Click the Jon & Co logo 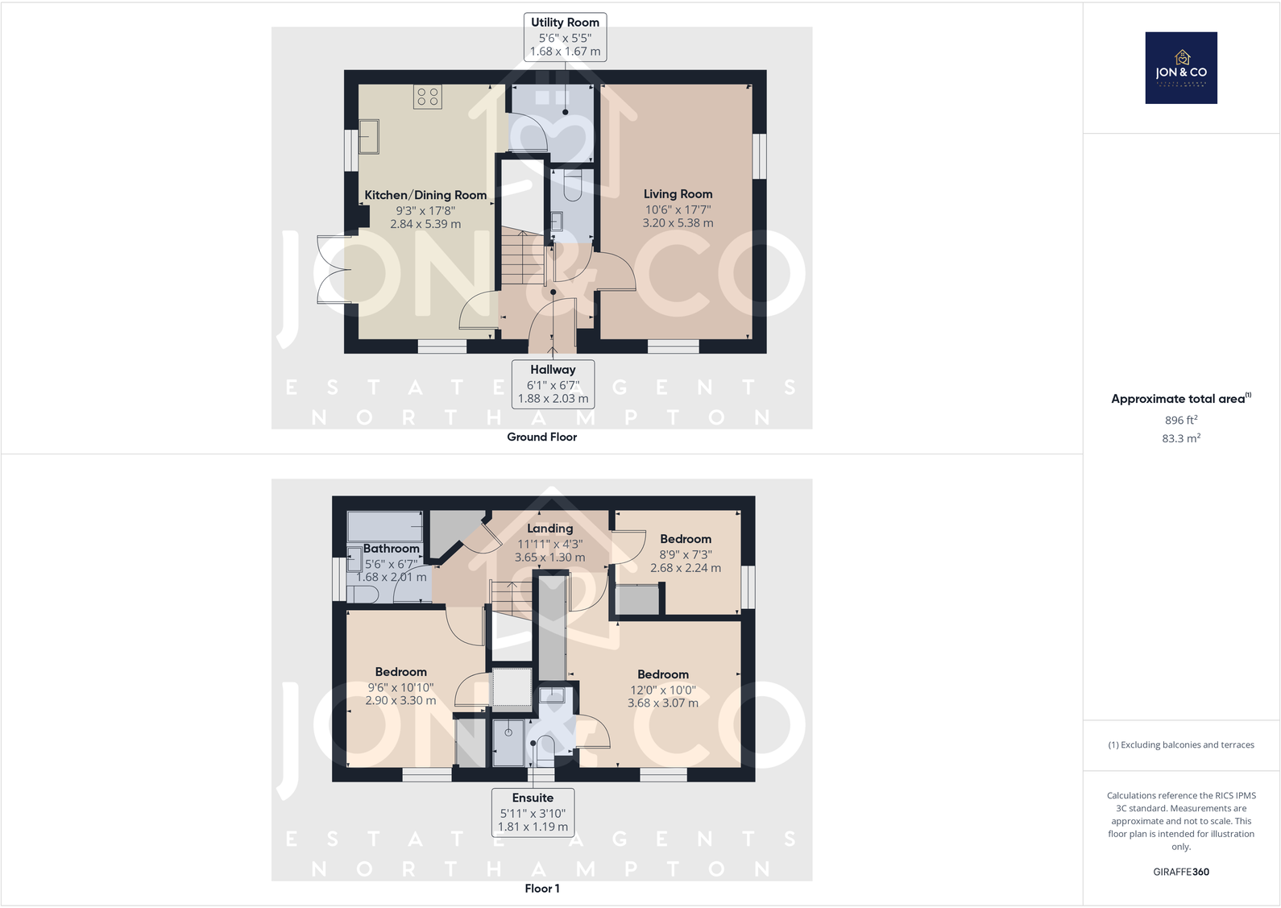pyautogui.click(x=1181, y=68)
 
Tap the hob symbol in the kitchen pyautogui.click(x=428, y=97)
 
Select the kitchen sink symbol pyautogui.click(x=369, y=136)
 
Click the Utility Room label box pyautogui.click(x=565, y=37)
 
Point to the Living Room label pyautogui.click(x=678, y=194)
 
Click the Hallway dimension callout pyautogui.click(x=553, y=384)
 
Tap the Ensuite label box pyautogui.click(x=533, y=811)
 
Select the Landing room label pyautogui.click(x=549, y=529)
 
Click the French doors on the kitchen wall pyautogui.click(x=334, y=269)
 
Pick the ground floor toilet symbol pyautogui.click(x=572, y=186)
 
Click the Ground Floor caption pyautogui.click(x=541, y=437)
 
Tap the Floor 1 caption pyautogui.click(x=541, y=889)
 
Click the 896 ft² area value pyautogui.click(x=1180, y=420)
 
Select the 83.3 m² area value pyautogui.click(x=1180, y=438)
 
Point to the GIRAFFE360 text pyautogui.click(x=1180, y=872)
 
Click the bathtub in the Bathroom pyautogui.click(x=385, y=526)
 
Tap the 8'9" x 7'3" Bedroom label pyautogui.click(x=686, y=553)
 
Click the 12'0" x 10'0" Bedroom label pyautogui.click(x=663, y=688)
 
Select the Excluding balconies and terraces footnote pyautogui.click(x=1180, y=744)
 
